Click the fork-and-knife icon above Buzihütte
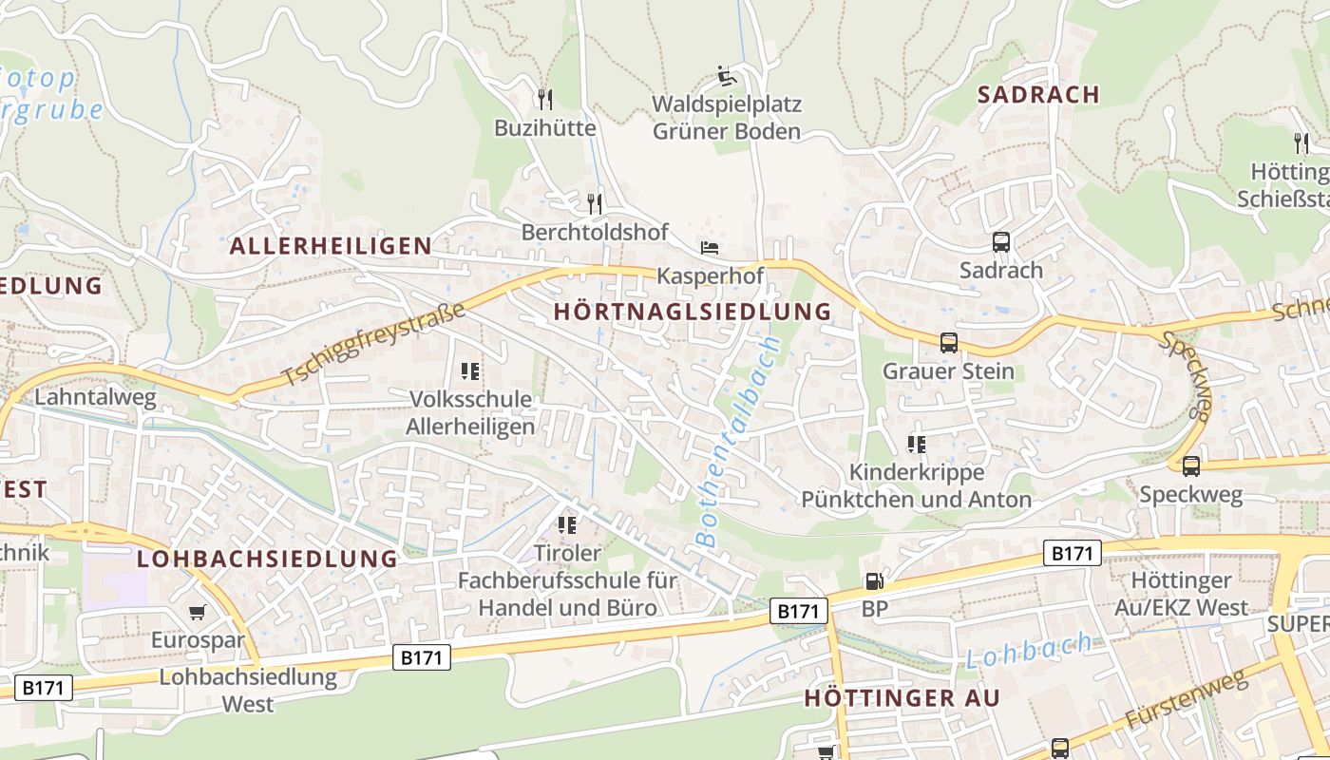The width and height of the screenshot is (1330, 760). pyautogui.click(x=545, y=99)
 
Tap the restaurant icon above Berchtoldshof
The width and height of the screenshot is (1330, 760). pyautogui.click(x=595, y=202)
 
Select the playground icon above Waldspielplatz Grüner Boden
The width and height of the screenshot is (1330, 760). pyautogui.click(x=727, y=76)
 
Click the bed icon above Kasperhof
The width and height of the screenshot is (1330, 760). pyautogui.click(x=710, y=248)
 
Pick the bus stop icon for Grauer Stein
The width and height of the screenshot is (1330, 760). pyautogui.click(x=948, y=343)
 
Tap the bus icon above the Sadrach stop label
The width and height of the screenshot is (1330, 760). pyautogui.click(x=1000, y=242)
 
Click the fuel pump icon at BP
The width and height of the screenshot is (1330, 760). pyautogui.click(x=873, y=580)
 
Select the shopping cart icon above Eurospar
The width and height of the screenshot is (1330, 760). pyautogui.click(x=198, y=613)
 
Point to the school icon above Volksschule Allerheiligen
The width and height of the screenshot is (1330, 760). pyautogui.click(x=470, y=371)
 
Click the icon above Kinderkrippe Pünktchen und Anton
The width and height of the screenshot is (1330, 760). pyautogui.click(x=916, y=444)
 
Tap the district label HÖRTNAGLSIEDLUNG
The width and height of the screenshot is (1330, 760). pyautogui.click(x=692, y=312)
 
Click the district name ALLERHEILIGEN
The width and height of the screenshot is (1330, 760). pyautogui.click(x=331, y=246)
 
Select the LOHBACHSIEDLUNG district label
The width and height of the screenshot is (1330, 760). pyautogui.click(x=267, y=559)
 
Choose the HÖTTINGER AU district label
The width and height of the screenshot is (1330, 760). pyautogui.click(x=902, y=698)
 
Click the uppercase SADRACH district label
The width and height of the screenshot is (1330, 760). pyautogui.click(x=1038, y=94)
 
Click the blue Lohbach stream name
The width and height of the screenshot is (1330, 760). pyautogui.click(x=1029, y=651)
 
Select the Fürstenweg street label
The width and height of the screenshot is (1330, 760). pyautogui.click(x=1186, y=701)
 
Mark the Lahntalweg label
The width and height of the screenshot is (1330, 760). pyautogui.click(x=95, y=397)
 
